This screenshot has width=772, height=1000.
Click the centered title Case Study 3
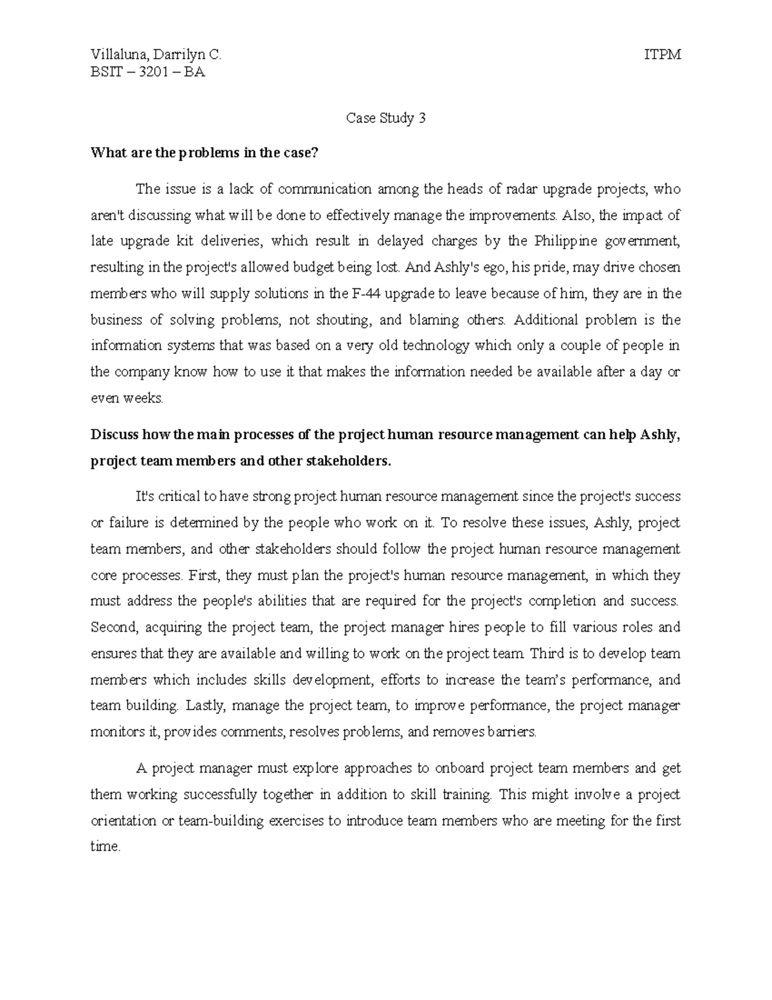coord(386,118)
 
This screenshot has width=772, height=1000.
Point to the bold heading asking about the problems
coord(205,153)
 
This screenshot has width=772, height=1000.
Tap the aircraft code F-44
coord(365,294)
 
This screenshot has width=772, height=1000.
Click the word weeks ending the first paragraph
coord(145,399)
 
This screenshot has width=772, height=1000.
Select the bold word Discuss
coord(115,435)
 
